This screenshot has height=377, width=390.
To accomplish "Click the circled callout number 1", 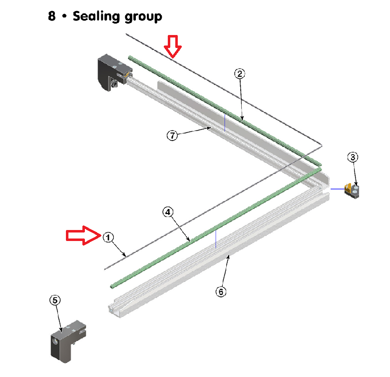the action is (108, 237).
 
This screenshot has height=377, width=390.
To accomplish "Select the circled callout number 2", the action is (240, 73).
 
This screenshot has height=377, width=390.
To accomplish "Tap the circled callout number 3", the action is (353, 157).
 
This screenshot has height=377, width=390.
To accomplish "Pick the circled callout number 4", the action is (168, 212).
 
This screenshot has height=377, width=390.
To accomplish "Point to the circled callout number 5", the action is (55, 300).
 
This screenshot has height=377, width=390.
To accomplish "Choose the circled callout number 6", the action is (221, 291).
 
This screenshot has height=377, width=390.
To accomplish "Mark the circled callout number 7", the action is (172, 135).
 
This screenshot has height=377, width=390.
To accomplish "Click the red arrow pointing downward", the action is (173, 46).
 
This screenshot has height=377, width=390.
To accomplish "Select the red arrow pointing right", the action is (83, 235).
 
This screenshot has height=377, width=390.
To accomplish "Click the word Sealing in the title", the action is (96, 16).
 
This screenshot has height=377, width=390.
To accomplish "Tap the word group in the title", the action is (143, 17).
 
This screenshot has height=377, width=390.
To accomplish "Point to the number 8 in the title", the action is (52, 16).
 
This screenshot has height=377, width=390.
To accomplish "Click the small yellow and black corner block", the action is (352, 191).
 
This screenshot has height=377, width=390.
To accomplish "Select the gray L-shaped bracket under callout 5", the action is (68, 341).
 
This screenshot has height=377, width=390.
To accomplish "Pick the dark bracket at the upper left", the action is (115, 72).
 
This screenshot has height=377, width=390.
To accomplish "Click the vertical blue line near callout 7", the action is (225, 122).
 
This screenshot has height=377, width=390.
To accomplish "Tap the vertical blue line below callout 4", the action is (216, 239).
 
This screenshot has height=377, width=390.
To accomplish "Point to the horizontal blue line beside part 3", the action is (338, 189).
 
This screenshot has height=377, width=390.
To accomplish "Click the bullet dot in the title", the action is (64, 16).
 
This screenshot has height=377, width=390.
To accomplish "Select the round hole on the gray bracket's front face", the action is (55, 341).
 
